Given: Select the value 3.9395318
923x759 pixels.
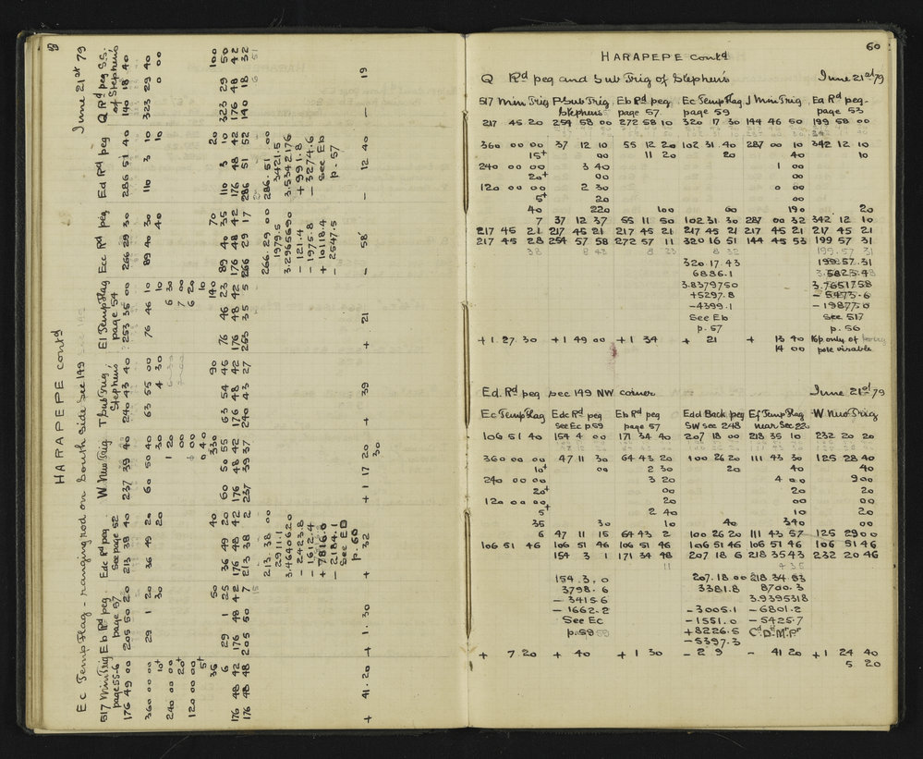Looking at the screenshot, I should (783, 598).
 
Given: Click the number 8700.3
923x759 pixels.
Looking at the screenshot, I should (782, 587).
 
